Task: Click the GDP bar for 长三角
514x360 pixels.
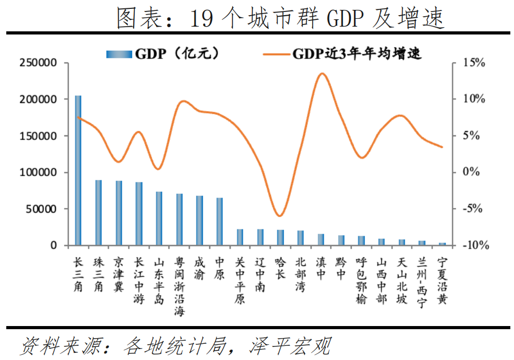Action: (x=78, y=170)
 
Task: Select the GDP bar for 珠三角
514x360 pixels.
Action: (x=98, y=213)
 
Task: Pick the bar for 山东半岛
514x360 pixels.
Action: (x=159, y=218)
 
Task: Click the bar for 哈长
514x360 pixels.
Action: (x=280, y=237)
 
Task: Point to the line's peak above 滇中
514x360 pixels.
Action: (x=322, y=74)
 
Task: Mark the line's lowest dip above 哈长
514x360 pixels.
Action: (x=280, y=216)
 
